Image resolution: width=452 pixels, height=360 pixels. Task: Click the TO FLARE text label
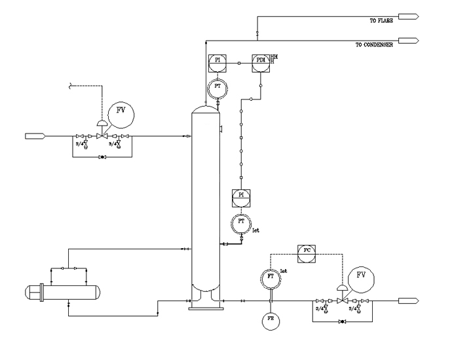[381, 21]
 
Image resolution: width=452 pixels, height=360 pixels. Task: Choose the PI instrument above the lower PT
[241, 196]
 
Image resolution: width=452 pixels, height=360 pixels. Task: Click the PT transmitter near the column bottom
[241, 223]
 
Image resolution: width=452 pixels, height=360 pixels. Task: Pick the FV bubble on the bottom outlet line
[361, 278]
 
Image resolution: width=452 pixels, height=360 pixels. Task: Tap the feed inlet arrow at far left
[34, 136]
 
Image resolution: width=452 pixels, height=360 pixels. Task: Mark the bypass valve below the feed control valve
[101, 158]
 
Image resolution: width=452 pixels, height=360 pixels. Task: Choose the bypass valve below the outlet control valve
[341, 322]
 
